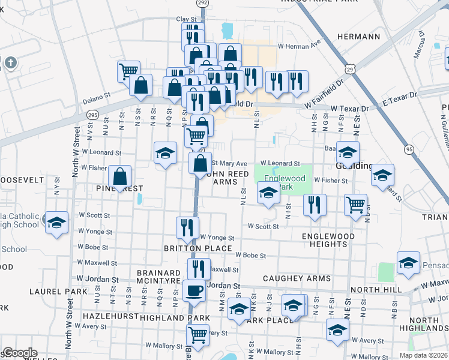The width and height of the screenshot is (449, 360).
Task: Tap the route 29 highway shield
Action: [x=358, y=70]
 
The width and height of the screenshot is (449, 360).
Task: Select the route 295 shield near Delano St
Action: [x=92, y=114]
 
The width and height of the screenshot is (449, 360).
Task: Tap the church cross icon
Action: [x=10, y=62]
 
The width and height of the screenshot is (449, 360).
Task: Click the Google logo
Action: [x=19, y=353]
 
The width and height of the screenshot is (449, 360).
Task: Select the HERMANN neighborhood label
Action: [x=358, y=37]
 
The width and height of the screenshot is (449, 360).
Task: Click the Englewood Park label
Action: [x=285, y=183]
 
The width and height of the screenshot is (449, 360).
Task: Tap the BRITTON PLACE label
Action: [x=197, y=248]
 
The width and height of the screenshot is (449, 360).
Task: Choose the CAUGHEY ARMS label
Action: [x=297, y=278]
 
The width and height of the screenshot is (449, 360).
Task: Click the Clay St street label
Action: [x=187, y=19]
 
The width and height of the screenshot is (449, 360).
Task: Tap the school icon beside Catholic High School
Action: [x=56, y=224]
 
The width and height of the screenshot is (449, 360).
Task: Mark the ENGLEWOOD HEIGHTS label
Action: [x=328, y=241]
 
